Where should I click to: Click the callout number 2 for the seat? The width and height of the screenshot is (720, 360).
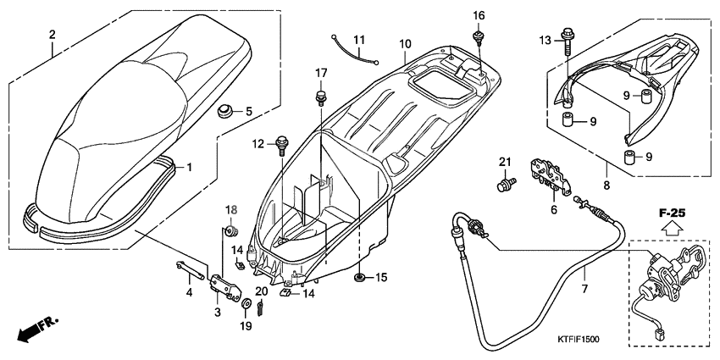tap(53, 35)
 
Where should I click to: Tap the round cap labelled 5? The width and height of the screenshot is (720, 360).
tap(224, 111)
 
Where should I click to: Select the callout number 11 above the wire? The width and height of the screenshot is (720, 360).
tap(358, 40)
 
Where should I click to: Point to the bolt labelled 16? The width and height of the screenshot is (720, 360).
tap(479, 36)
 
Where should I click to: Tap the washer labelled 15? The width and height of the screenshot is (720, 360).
tap(360, 278)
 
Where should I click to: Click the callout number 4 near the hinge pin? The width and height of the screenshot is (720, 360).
tap(189, 292)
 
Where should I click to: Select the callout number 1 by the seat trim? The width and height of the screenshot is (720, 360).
tap(190, 167)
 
